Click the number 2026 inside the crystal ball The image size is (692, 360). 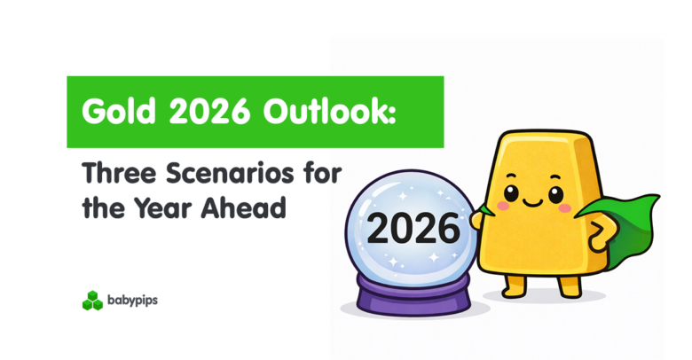(x=413, y=230)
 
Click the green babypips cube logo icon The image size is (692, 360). (x=92, y=301)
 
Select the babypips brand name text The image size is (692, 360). (x=133, y=301)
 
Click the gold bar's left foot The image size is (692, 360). (x=515, y=286)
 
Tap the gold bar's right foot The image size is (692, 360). (x=569, y=286)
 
